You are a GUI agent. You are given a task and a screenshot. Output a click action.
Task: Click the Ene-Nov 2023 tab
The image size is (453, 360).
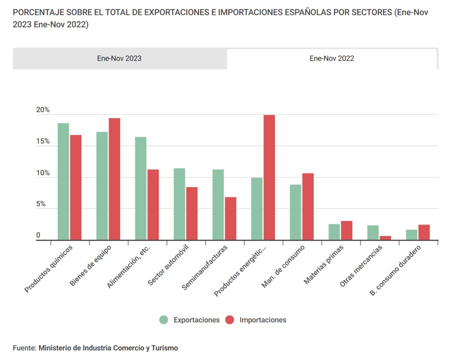[119, 58]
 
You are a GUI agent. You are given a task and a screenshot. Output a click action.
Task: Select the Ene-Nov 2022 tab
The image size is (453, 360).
[331, 58]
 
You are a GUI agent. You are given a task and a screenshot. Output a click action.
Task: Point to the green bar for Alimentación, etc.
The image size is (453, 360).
[140, 188]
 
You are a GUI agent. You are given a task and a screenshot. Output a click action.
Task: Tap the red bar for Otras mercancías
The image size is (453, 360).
[385, 238]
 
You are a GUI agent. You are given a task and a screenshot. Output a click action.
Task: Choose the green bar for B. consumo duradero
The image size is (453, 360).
[411, 235]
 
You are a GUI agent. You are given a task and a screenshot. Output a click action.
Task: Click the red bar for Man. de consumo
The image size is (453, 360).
[308, 206]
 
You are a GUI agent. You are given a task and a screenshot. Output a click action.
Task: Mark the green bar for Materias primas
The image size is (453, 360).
[334, 232]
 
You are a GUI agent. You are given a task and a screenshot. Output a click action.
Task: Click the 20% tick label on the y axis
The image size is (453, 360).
[43, 110]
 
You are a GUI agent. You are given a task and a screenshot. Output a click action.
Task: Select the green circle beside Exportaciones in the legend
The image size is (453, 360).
[163, 320]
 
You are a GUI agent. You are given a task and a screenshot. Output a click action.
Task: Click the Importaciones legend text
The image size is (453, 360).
[263, 320]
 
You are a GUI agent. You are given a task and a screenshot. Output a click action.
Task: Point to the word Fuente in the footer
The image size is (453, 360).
[24, 347]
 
